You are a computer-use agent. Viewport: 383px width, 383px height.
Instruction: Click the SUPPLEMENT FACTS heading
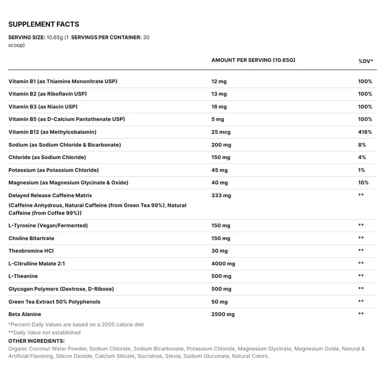[44, 24]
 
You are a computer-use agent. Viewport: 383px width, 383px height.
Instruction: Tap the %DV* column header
[366, 61]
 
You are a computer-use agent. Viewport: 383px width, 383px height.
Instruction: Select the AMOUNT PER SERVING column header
[253, 60]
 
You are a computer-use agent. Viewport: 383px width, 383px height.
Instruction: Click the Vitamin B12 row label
[52, 132]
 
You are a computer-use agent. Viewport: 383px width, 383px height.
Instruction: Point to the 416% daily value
[365, 132]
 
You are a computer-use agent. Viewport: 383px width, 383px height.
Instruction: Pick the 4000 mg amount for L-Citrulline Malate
[223, 264]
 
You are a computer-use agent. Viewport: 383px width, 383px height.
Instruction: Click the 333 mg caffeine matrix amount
[221, 196]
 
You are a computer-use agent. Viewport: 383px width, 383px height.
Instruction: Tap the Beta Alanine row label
[25, 314]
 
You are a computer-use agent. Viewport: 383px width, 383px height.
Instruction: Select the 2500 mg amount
[223, 314]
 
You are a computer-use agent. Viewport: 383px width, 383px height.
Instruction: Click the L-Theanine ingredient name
[23, 276]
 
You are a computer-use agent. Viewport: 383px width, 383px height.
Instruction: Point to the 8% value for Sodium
[362, 145]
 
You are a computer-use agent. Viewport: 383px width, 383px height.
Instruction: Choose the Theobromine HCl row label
[31, 251]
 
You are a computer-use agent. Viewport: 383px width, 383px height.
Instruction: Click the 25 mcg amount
[221, 132]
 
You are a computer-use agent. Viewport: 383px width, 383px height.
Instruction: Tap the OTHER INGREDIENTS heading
[37, 341]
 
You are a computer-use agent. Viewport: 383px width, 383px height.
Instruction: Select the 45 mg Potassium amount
[219, 170]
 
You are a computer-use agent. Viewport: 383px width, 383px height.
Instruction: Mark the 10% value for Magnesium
[363, 183]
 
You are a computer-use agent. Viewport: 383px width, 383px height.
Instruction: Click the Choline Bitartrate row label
[31, 238]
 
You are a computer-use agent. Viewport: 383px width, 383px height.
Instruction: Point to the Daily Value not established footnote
[45, 333]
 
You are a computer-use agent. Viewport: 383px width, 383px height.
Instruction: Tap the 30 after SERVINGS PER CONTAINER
[146, 37]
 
